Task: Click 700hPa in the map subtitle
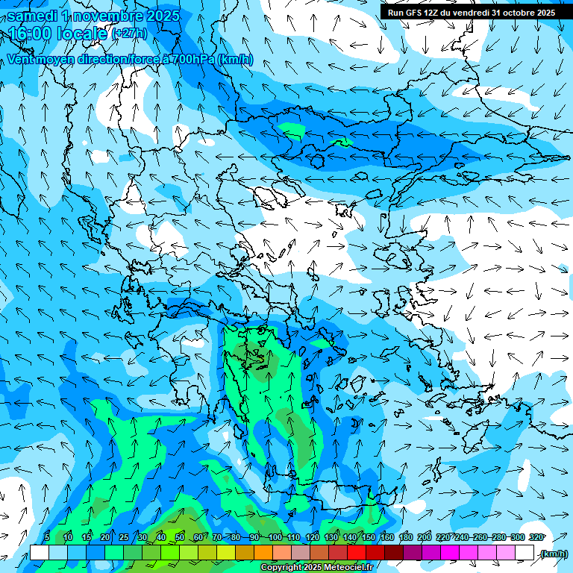[x=192, y=59]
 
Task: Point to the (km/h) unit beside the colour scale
[x=554, y=554]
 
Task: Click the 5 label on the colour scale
[x=47, y=537]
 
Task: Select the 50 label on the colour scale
[x=179, y=537]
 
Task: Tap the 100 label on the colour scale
[x=275, y=537]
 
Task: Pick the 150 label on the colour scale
[x=369, y=537]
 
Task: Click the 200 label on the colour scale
[x=425, y=537]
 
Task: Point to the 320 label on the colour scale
[x=536, y=537]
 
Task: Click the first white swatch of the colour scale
[x=39, y=553]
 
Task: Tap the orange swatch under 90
[x=263, y=553]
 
